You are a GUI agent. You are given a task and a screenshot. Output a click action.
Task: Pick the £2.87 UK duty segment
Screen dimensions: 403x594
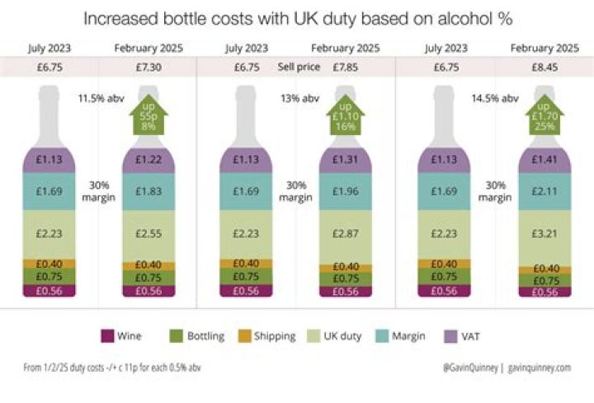(x=342, y=235)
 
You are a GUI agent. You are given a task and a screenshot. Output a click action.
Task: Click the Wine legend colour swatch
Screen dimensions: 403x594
(x=106, y=335)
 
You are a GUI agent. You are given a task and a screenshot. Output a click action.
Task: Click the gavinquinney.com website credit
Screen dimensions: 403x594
(x=539, y=368)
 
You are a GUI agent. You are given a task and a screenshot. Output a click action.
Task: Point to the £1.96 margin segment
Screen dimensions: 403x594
(x=342, y=190)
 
